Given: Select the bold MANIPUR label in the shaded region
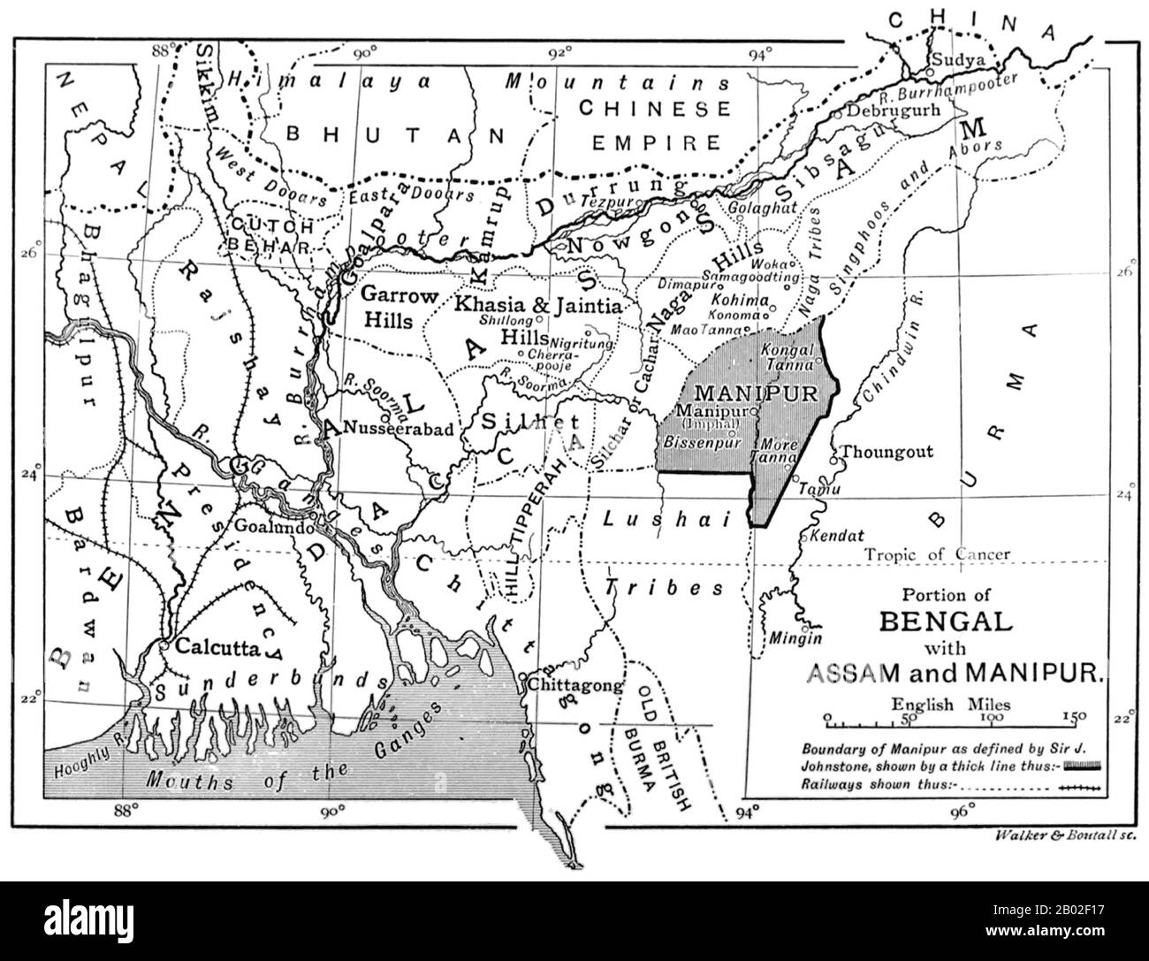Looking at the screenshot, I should pyautogui.click(x=757, y=391).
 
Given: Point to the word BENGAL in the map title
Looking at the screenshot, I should pyautogui.click(x=944, y=620).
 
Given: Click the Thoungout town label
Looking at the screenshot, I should pyautogui.click(x=886, y=452).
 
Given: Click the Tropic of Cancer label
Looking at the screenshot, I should pyautogui.click(x=938, y=554).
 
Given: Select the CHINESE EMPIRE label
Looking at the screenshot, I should pyautogui.click(x=654, y=125).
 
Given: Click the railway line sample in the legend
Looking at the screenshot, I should pyautogui.click(x=1082, y=782).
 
